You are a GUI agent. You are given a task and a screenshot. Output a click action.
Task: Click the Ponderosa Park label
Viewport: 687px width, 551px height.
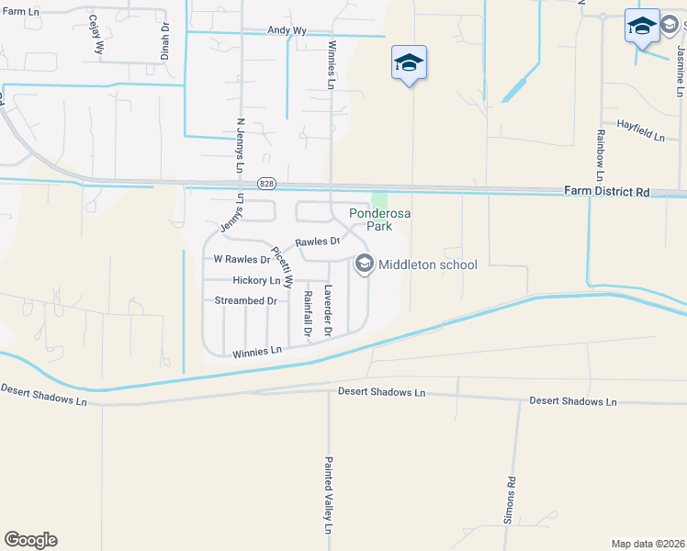pos(379,219)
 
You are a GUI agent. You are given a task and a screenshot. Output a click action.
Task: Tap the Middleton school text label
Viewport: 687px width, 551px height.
pos(428,265)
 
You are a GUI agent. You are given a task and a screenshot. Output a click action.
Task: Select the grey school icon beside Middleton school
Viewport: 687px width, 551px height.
pos(364,265)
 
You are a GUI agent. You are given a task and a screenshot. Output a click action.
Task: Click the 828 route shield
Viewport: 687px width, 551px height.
pos(266,183)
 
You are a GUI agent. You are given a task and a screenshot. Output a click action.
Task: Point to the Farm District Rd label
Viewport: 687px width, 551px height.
pos(606,192)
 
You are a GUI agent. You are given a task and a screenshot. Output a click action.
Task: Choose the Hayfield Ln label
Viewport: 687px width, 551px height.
pos(640,129)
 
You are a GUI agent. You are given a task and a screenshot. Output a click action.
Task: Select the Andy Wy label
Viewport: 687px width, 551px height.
pos(287,30)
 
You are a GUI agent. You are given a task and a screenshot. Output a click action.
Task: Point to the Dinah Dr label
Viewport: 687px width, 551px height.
pos(165,41)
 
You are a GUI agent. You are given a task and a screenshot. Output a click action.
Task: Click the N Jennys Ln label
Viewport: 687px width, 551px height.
pos(240,146)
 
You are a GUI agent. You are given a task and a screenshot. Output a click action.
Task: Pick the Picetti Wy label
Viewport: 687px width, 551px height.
pos(281,266)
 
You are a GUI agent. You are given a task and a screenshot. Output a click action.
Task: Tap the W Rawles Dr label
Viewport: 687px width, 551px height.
pos(242,260)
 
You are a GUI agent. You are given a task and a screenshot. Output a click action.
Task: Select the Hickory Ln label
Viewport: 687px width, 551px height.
pos(256,280)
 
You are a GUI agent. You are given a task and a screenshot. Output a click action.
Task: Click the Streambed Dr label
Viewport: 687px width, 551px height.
pos(245,301)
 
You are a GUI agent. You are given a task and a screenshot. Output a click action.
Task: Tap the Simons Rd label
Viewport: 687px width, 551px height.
pos(512,495)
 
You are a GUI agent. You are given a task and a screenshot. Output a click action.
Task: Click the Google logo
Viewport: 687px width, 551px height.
pos(30,540)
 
